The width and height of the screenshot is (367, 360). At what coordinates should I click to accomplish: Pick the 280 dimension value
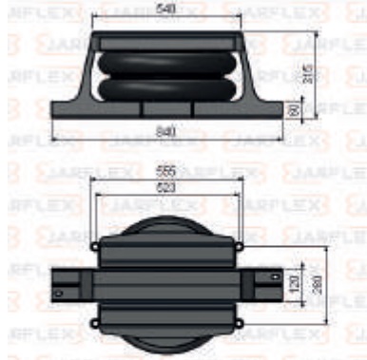click(328, 285)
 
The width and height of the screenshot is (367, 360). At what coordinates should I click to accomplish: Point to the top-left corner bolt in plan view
click(95, 246)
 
